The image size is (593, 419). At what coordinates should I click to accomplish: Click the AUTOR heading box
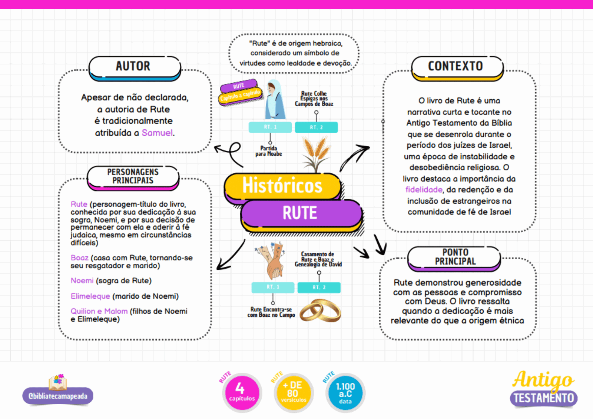(135, 68)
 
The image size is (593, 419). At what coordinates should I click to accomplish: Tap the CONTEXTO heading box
(457, 68)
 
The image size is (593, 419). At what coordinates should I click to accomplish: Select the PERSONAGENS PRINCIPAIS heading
(133, 177)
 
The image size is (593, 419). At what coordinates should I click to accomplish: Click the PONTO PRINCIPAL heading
(454, 258)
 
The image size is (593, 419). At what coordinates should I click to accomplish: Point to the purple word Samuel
(157, 133)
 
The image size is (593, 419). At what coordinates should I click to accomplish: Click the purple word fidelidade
(424, 190)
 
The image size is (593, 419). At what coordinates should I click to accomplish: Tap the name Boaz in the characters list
(79, 257)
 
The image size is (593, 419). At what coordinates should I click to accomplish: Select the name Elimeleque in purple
(90, 296)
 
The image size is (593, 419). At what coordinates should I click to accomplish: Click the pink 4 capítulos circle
(242, 393)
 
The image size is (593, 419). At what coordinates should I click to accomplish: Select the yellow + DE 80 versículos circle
(294, 393)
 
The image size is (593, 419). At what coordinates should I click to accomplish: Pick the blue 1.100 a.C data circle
(345, 393)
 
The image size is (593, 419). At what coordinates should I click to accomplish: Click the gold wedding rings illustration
(320, 310)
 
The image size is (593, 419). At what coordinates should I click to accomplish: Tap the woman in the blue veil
(275, 99)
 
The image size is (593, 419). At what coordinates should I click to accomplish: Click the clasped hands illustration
(271, 260)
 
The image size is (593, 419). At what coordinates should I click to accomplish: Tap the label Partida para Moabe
(268, 151)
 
